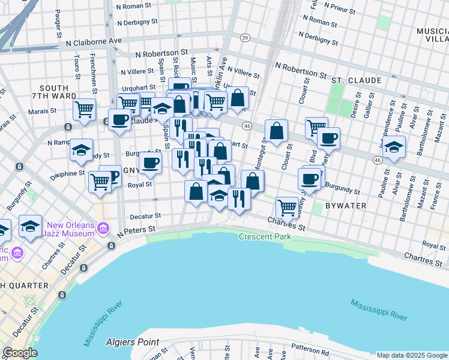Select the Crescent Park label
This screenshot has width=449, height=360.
265,237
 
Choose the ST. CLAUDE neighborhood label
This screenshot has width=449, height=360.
356,80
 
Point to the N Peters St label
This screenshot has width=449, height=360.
136,230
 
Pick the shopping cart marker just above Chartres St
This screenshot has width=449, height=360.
288,207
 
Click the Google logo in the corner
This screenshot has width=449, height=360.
20,353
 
